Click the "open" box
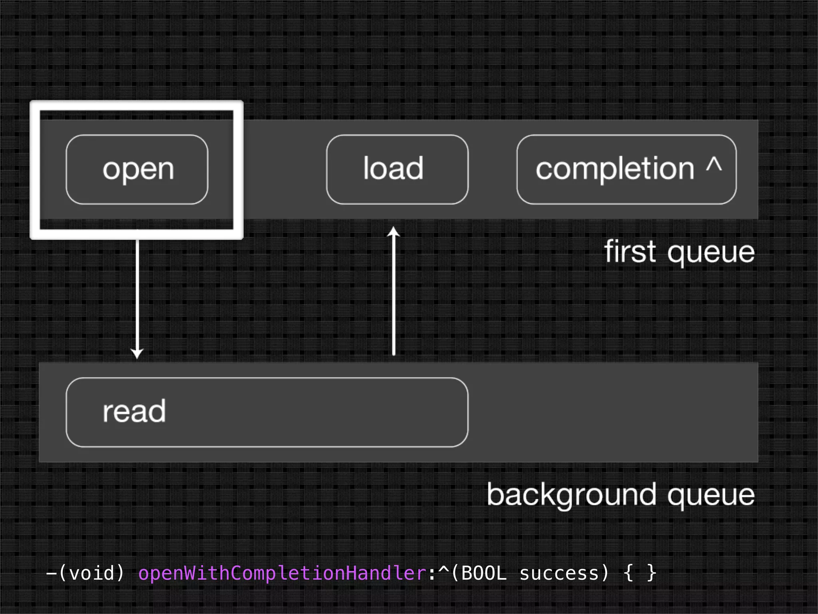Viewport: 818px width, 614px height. coord(137,169)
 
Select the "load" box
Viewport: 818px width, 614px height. coord(397,169)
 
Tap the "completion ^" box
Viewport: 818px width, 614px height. coord(626,169)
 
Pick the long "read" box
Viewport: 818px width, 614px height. coord(267,412)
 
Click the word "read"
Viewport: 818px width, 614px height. coord(134,411)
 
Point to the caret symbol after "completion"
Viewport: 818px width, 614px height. coord(714,164)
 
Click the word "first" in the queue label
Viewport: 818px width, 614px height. coord(630,251)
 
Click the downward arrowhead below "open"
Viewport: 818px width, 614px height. coord(137,353)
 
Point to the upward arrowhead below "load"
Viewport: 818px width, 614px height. coord(394,232)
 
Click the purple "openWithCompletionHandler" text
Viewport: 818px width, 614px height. coord(282,573)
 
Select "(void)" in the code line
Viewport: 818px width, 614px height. coord(92,573)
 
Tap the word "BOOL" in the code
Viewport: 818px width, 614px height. coord(484,573)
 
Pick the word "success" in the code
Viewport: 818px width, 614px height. coord(559,573)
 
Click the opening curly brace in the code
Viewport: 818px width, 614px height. coord(628,573)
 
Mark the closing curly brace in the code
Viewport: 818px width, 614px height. coord(651,573)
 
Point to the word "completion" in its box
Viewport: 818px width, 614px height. coord(615,169)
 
